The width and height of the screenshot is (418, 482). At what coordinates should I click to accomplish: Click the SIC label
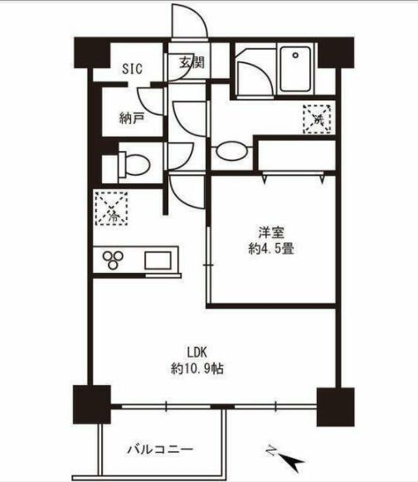132,69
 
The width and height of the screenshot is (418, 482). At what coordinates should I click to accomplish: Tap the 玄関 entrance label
192,63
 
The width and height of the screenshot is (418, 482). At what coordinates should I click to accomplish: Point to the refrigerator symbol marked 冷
111,208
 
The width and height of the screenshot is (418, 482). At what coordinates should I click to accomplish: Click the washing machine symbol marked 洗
317,119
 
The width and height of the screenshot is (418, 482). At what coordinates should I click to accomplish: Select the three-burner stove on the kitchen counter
113,260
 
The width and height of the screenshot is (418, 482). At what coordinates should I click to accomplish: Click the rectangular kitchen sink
158,260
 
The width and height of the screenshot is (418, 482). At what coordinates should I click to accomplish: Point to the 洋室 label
271,232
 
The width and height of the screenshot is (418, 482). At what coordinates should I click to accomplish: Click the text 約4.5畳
271,249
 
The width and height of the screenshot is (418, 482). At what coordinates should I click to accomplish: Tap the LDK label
197,353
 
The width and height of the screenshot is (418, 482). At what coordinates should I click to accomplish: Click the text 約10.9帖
197,368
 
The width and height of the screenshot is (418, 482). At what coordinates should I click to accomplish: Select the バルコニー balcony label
160,450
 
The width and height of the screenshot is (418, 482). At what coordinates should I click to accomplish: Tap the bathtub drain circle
296,56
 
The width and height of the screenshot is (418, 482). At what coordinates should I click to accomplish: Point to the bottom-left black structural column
91,404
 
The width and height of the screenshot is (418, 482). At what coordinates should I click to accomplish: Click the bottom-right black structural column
335,407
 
